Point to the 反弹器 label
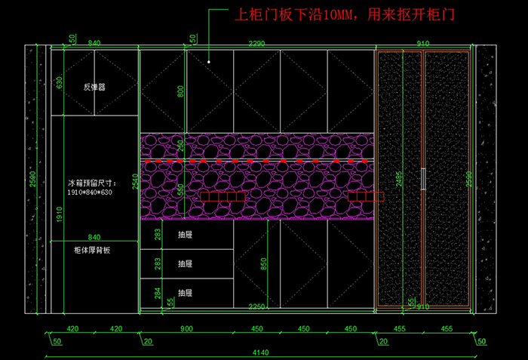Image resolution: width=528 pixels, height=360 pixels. tap(94, 87)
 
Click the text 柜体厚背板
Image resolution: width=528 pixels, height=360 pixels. tap(93, 250)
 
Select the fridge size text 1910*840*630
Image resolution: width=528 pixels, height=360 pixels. tap(90, 192)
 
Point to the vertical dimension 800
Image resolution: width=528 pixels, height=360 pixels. tap(180, 91)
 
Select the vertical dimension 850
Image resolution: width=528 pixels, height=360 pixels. tap(262, 264)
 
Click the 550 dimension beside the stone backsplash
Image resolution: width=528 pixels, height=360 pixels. tap(180, 189)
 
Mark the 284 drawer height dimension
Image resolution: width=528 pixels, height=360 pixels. tap(157, 292)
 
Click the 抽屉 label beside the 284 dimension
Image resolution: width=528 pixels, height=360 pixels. tap(185, 292)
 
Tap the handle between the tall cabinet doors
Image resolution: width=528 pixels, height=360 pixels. tap(423, 179)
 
